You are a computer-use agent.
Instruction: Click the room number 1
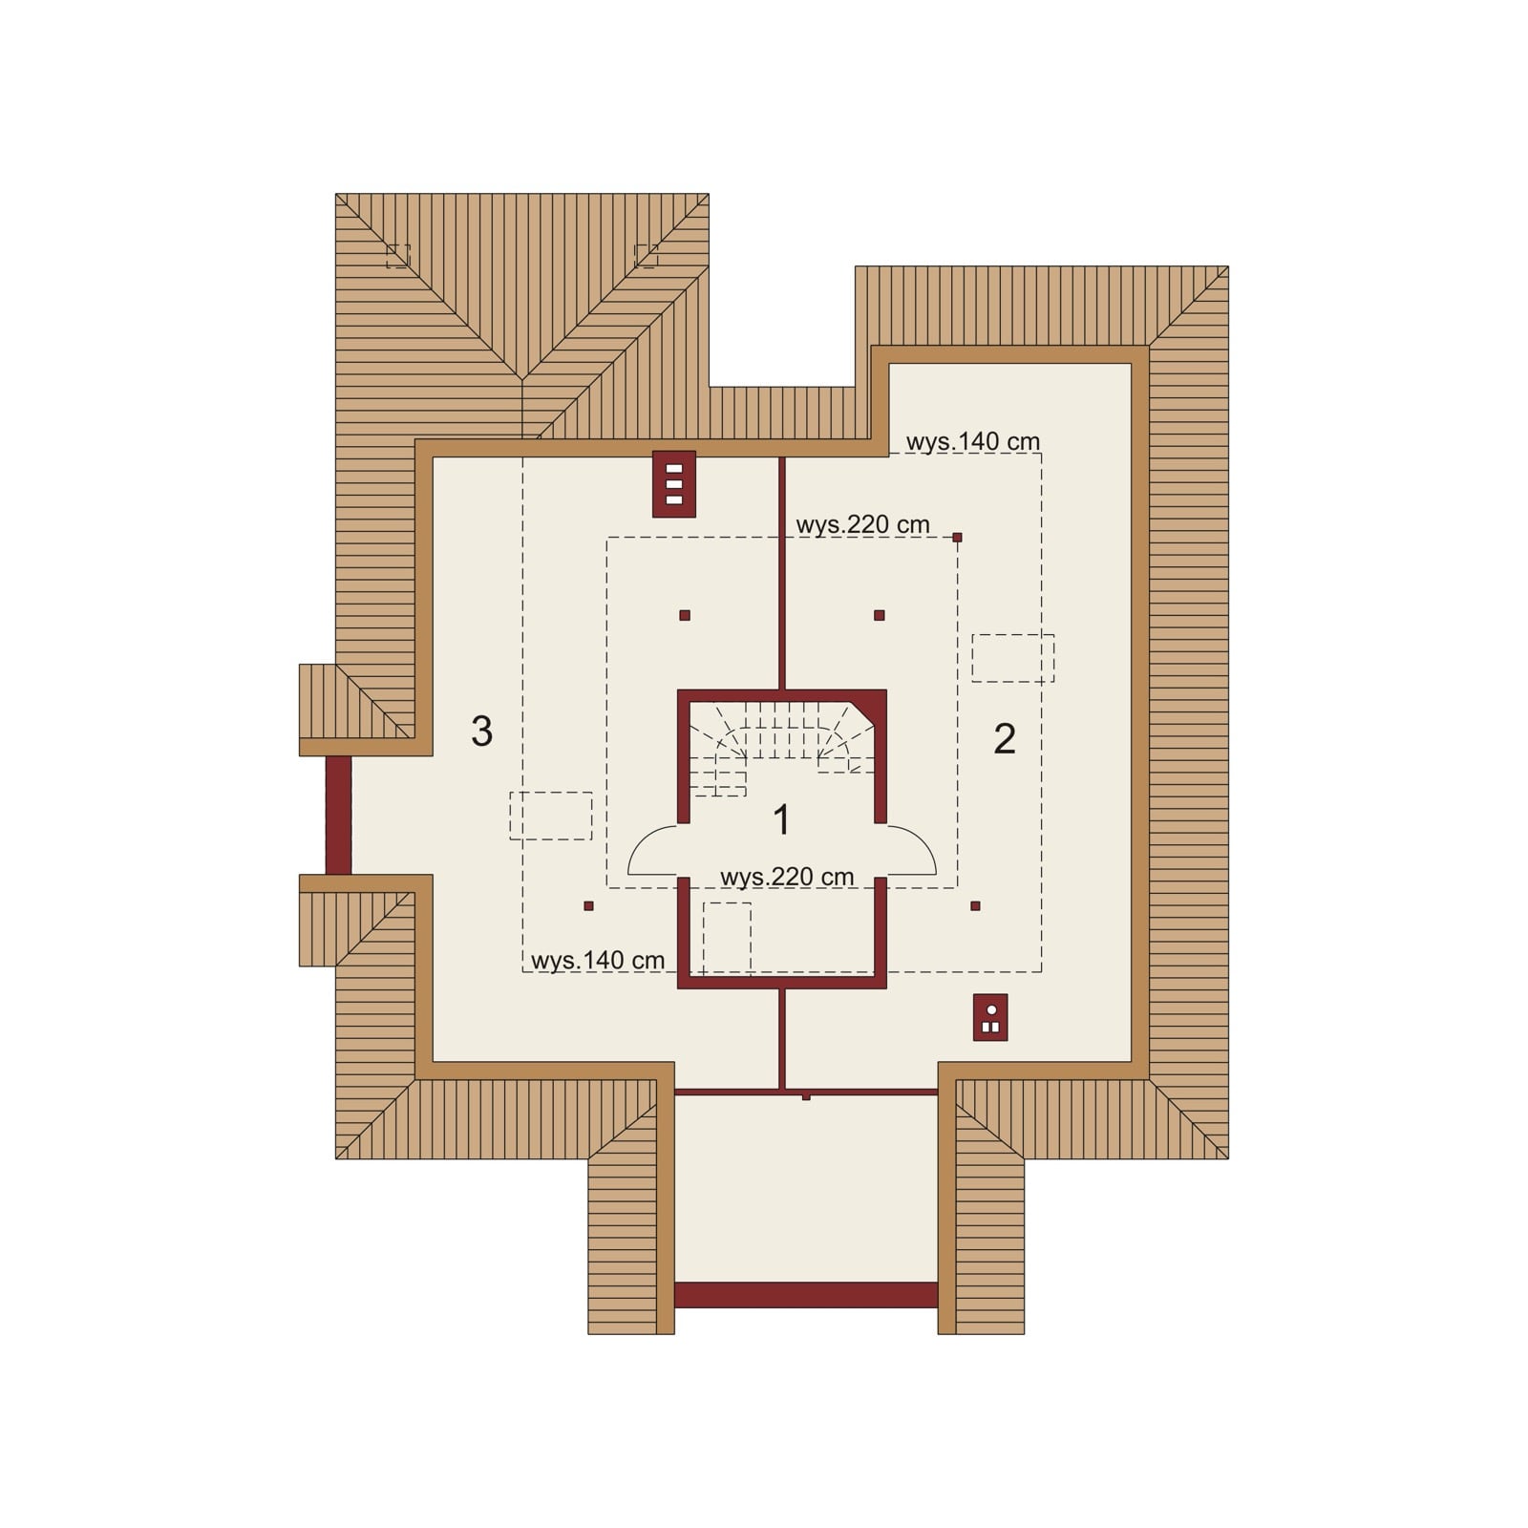[x=781, y=819]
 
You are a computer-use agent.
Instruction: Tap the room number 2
[x=1005, y=738]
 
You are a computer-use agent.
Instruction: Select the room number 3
[x=482, y=731]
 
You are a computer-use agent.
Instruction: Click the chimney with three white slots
[x=674, y=483]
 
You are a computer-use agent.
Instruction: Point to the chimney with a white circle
[x=990, y=1017]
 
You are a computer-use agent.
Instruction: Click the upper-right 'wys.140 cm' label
[x=972, y=441]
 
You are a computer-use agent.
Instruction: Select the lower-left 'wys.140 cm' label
[x=598, y=960]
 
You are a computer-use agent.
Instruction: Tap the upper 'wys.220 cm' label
[x=862, y=524]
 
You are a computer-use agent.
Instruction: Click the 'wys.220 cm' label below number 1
[x=787, y=877]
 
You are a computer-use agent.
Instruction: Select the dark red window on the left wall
[x=338, y=815]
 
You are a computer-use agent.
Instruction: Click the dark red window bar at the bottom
[x=806, y=1294]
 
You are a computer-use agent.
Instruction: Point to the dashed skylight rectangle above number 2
[x=1013, y=658]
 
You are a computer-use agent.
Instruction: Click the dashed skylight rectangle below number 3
[x=551, y=816]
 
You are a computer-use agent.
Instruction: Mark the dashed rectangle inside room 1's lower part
[x=727, y=939]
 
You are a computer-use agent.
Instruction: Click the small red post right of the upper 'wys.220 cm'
[x=957, y=538]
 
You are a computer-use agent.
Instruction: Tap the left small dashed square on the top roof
[x=398, y=256]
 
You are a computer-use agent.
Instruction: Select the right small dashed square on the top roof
[x=647, y=256]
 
